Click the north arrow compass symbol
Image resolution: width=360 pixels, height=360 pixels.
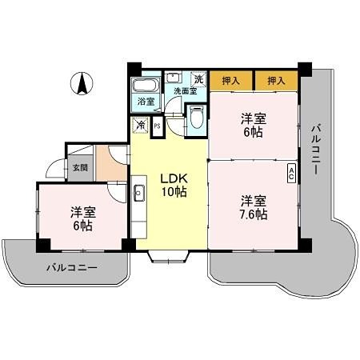82,82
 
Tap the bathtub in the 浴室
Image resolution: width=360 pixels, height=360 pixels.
145,86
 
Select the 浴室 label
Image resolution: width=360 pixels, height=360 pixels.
145,102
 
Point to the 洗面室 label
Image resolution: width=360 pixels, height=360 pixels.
185,91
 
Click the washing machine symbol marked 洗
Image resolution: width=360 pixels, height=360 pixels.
197,78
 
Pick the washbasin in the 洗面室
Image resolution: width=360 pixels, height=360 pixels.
174,78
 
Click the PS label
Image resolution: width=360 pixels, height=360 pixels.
157,126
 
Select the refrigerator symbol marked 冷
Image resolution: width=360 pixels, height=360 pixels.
141,125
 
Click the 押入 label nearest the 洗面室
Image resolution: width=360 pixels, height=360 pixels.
231,81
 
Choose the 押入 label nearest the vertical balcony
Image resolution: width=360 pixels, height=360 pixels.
276,81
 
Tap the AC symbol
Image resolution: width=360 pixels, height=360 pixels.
292,171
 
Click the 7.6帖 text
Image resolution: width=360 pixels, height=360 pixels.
253,214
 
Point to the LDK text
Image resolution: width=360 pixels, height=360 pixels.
174,178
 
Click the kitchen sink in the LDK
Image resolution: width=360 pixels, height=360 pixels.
138,192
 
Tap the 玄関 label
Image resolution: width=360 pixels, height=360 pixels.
81,168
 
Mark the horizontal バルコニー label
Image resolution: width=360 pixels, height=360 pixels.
71,266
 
